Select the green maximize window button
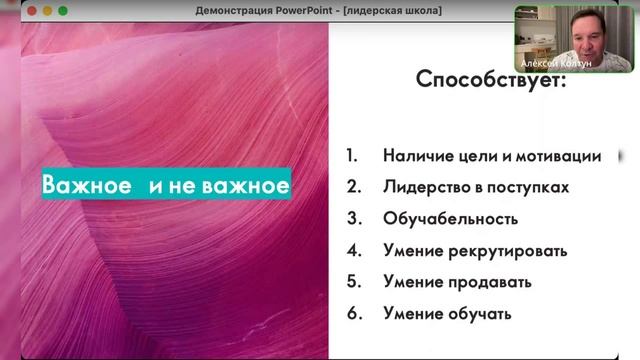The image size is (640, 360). [x=63, y=10]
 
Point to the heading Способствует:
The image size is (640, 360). [x=490, y=80]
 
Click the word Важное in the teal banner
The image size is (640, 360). [x=87, y=185]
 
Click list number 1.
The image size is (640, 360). [x=351, y=156]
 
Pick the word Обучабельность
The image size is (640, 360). [x=450, y=219]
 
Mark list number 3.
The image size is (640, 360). [x=352, y=219]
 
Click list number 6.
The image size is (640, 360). [x=352, y=314]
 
